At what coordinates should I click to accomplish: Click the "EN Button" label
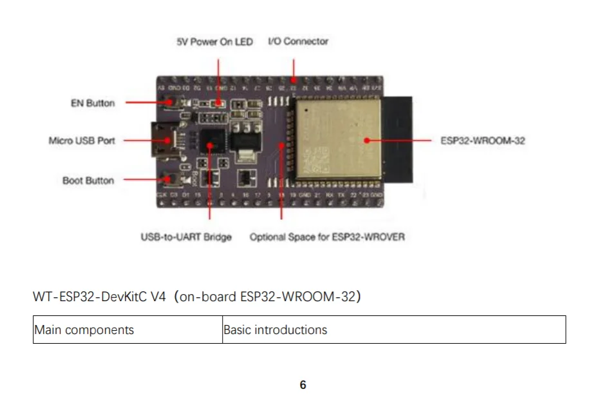93,103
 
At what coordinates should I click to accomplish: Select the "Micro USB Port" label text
82,140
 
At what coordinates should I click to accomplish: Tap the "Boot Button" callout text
88,181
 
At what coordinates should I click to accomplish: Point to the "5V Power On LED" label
214,42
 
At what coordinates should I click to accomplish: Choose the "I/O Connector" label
298,41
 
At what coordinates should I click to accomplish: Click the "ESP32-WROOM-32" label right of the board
483,140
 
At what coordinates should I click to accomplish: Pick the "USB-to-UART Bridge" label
186,237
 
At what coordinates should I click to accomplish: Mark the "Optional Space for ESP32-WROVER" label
327,237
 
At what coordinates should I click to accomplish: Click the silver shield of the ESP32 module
338,139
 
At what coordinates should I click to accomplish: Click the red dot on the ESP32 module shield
367,139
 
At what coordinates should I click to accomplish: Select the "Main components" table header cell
127,330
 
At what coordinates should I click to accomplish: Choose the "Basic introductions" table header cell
394,330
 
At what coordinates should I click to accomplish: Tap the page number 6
303,385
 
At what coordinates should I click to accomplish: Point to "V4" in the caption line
159,297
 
